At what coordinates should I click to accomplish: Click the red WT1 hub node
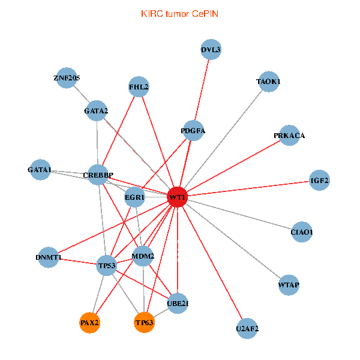click(x=177, y=197)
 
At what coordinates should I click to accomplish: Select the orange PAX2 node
click(x=89, y=323)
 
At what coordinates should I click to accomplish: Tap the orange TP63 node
click(x=145, y=323)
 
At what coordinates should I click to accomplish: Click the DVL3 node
click(x=211, y=50)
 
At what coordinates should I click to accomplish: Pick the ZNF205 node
click(x=67, y=78)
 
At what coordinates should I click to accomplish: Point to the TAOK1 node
click(x=269, y=82)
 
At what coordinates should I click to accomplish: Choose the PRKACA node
click(x=289, y=136)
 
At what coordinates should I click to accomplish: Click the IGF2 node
click(x=319, y=180)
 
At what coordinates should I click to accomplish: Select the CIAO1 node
click(x=302, y=232)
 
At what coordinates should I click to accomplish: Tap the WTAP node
click(x=289, y=284)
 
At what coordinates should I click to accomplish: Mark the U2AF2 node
click(x=247, y=329)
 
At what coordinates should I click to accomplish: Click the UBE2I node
click(x=178, y=304)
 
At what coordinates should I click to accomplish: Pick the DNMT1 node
click(x=49, y=258)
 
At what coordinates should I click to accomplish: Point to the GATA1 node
click(x=40, y=170)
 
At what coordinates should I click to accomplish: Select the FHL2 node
click(x=139, y=87)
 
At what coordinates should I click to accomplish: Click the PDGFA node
click(x=193, y=131)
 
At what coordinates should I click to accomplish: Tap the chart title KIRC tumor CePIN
click(x=179, y=13)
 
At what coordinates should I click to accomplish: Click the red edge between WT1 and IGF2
click(x=252, y=188)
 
